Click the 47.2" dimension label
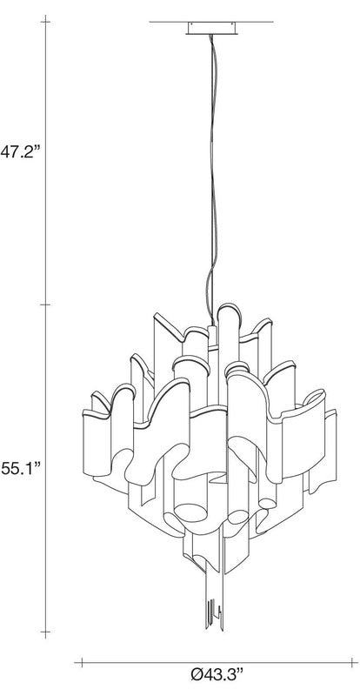coord(20,151)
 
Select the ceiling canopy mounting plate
coord(211,28)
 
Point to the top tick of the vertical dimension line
coord(46,21)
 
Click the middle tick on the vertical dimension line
coord(46,305)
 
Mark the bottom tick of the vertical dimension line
coord(46,632)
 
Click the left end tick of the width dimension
coord(82,663)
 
